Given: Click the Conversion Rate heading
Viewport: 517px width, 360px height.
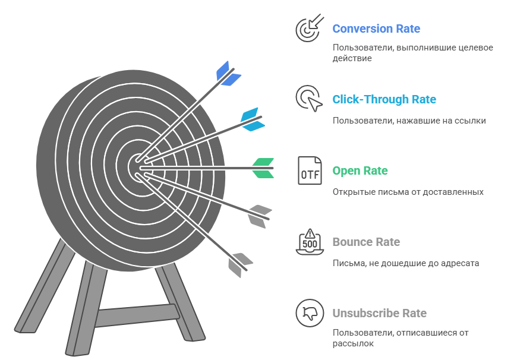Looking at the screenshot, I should click(376, 29).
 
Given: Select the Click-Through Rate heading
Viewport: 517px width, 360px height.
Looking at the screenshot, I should click(384, 99).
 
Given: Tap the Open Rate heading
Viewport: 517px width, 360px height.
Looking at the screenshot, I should click(360, 170).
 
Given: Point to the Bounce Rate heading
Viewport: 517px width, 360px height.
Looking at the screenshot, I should click(366, 242).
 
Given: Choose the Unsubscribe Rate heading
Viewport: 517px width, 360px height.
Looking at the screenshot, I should click(379, 313).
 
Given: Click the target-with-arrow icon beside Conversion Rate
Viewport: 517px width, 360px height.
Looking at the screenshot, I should click(309, 28).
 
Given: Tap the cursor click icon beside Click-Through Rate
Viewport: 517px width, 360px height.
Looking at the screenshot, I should click(309, 99).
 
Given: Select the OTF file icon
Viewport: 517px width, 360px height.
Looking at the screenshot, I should click(309, 170).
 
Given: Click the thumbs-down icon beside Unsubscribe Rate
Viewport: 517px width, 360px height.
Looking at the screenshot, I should click(309, 313).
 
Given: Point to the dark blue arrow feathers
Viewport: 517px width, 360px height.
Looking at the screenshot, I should click(228, 73).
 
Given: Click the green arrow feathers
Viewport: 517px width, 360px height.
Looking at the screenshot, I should click(263, 168).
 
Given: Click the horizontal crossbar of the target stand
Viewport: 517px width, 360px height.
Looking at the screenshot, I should click(135, 315).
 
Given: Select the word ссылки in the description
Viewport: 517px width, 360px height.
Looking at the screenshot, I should click(472, 121).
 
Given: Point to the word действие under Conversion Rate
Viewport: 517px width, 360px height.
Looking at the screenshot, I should click(352, 58).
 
